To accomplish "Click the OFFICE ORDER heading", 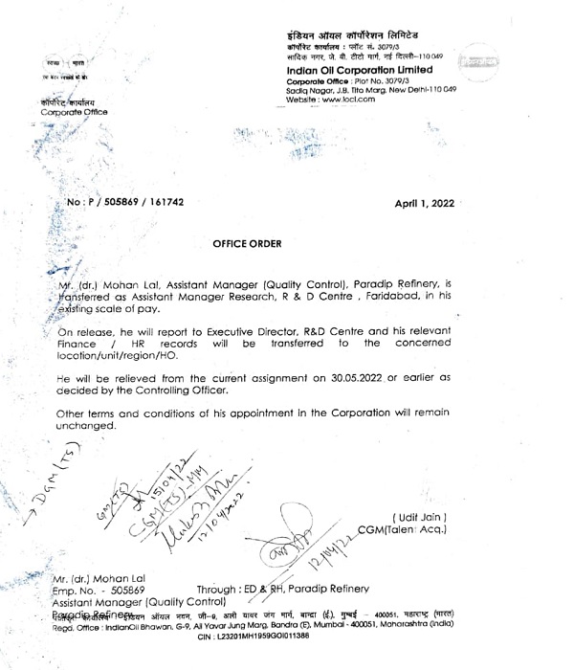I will click(247, 244).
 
